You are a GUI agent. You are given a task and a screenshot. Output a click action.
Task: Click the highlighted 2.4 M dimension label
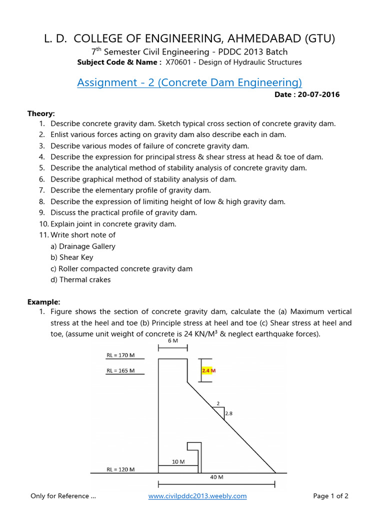point(208,371)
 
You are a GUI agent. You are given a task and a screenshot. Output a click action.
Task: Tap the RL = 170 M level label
point(120,355)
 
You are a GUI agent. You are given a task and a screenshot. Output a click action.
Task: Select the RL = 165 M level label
point(120,371)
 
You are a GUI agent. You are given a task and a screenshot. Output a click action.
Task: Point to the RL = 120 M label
point(120,469)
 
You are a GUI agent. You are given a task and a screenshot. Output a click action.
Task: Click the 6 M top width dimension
point(172,340)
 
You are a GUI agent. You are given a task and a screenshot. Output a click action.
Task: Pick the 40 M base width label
point(216,477)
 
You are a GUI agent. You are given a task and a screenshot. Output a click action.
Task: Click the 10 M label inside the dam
point(178,462)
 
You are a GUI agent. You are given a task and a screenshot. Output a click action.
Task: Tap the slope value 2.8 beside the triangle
point(229,413)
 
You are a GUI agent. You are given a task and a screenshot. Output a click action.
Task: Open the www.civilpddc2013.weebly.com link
point(197,496)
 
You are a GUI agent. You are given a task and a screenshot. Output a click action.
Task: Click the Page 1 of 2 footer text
point(330,496)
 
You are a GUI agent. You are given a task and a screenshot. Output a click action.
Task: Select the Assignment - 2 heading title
point(189,82)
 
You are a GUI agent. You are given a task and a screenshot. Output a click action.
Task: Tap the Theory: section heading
point(41,113)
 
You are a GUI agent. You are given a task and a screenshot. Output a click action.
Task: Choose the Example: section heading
point(43,302)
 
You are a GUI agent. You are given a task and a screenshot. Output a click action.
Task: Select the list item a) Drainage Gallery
point(83,246)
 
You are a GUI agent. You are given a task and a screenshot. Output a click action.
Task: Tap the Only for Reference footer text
point(63,496)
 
